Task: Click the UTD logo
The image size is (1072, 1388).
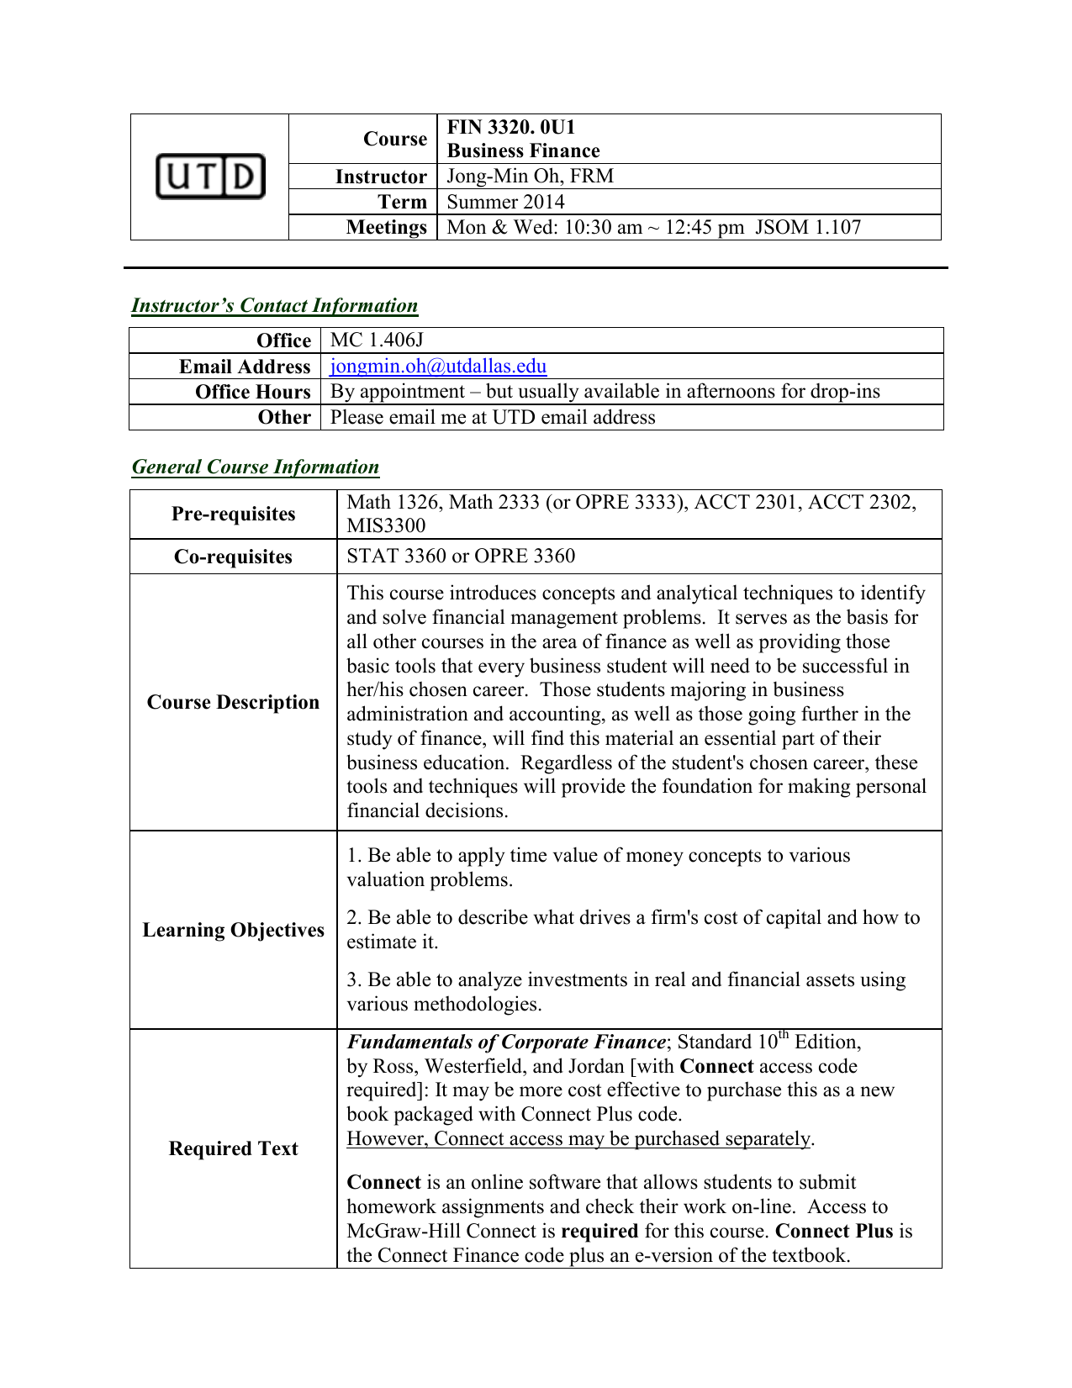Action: pos(210,177)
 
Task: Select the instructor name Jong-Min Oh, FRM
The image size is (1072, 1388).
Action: pos(530,176)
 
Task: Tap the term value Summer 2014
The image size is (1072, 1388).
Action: pos(505,202)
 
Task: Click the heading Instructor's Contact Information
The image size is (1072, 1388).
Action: pos(274,305)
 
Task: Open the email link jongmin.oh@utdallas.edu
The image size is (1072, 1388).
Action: pos(438,366)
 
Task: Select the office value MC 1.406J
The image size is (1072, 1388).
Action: pos(377,340)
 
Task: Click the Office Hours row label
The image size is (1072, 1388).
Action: pos(252,392)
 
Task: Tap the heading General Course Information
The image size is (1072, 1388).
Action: pos(256,467)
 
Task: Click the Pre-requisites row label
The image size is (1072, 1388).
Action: pos(233,514)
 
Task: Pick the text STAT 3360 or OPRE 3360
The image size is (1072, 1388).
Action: pos(461,556)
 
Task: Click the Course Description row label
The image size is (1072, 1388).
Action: pos(233,702)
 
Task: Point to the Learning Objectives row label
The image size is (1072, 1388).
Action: pos(233,930)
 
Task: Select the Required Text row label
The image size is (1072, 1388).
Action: pos(233,1148)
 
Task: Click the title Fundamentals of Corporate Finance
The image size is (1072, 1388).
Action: pos(506,1042)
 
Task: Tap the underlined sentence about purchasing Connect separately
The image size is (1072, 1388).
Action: pos(579,1138)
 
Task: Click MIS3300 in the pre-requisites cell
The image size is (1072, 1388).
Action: pos(386,525)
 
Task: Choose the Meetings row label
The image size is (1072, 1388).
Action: pos(386,227)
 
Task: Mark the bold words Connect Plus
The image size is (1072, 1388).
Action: pos(833,1231)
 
